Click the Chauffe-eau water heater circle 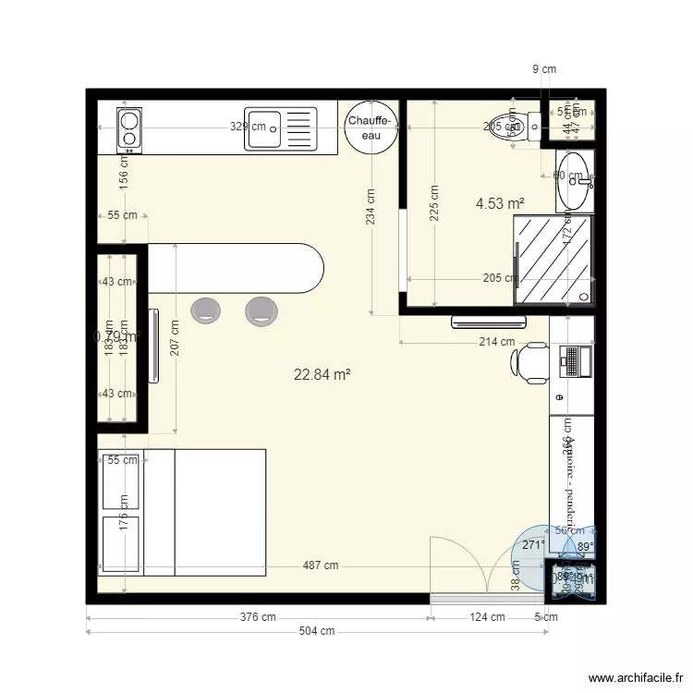click(x=371, y=128)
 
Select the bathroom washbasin click(x=574, y=179)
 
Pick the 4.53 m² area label click(x=500, y=203)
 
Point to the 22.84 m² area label click(x=322, y=374)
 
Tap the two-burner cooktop click(x=129, y=128)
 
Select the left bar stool click(x=205, y=310)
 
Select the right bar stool click(x=261, y=310)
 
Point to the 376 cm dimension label click(x=257, y=617)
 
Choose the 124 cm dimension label click(x=486, y=617)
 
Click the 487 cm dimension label click(x=318, y=566)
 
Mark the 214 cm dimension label click(x=495, y=342)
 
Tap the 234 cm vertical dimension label click(x=371, y=208)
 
